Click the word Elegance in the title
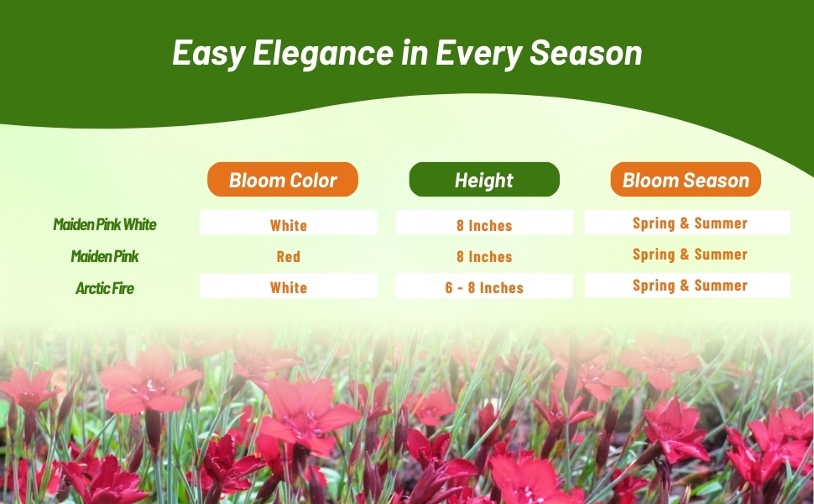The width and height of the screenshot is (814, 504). click(323, 54)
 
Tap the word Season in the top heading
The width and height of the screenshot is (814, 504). click(586, 53)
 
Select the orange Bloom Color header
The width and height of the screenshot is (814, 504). click(283, 179)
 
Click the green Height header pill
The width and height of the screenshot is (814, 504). click(484, 179)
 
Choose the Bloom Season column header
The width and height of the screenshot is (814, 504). click(686, 179)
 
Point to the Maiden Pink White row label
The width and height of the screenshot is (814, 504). click(105, 224)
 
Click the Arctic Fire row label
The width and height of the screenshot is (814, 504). click(105, 288)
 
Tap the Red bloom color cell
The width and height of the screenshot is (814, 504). click(288, 257)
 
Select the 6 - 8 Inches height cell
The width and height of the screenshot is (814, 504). click(484, 286)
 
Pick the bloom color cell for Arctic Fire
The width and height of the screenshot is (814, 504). click(288, 286)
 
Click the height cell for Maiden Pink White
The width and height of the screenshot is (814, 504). click(484, 223)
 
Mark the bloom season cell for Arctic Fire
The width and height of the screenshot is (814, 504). click(687, 286)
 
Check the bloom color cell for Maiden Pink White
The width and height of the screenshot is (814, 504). click(288, 223)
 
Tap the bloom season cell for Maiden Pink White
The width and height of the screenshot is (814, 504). click(687, 223)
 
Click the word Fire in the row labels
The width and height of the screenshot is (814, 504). click(122, 288)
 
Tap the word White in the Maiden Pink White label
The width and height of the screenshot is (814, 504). click(139, 224)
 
